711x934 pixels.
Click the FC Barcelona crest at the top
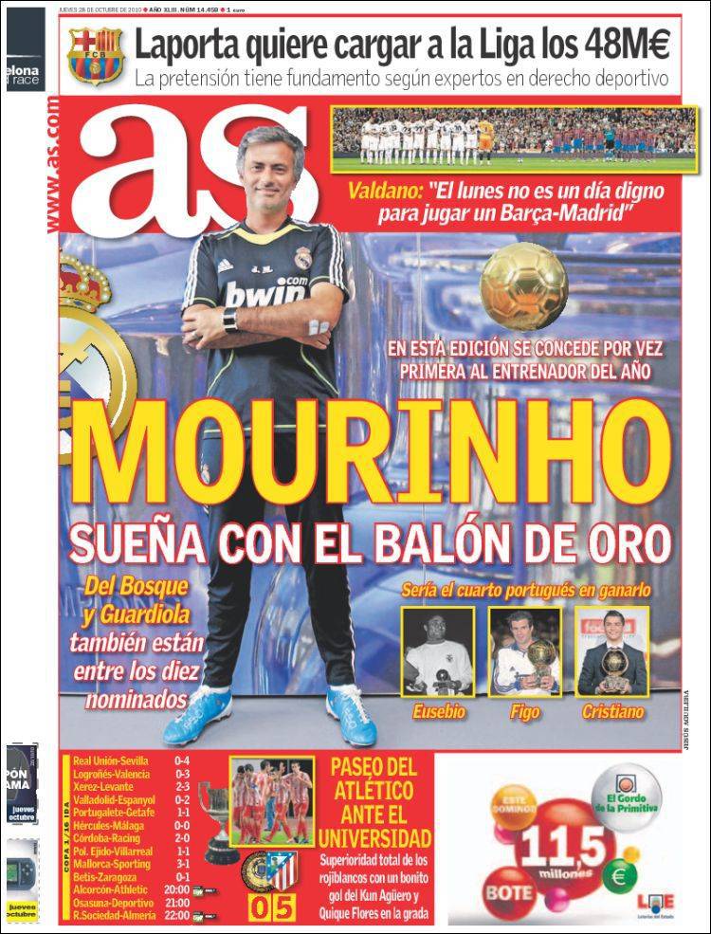pyautogui.click(x=96, y=57)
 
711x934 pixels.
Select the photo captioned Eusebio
pyautogui.click(x=436, y=652)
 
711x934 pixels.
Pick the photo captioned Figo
pyautogui.click(x=524, y=652)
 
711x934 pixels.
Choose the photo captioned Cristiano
pyautogui.click(x=612, y=652)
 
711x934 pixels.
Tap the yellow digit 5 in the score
pyautogui.click(x=285, y=908)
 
